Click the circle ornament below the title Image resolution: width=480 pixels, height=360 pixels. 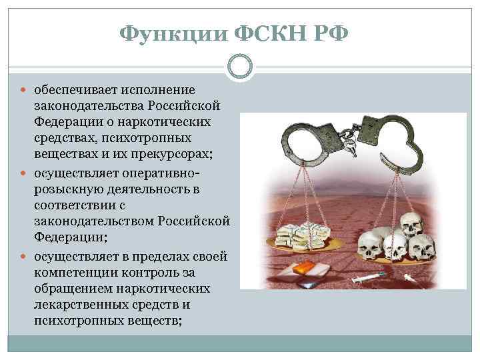pyautogui.click(x=239, y=67)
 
